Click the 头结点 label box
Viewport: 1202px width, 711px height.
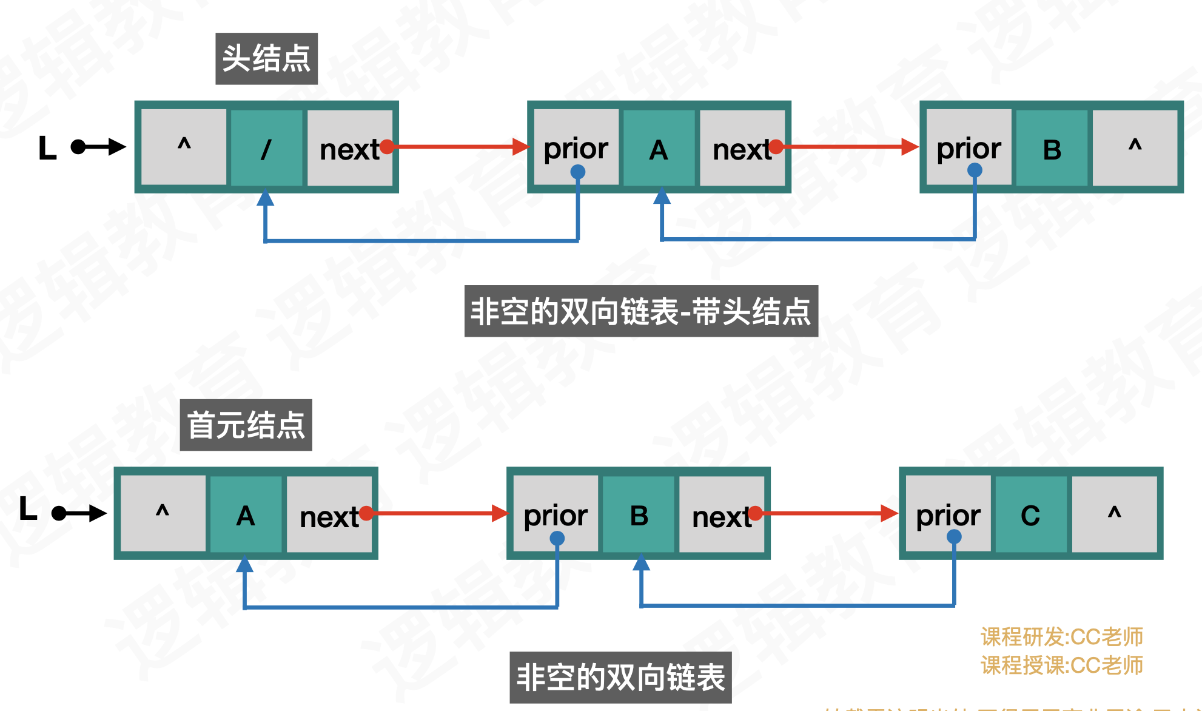point(266,59)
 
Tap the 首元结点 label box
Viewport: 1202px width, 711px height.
point(246,425)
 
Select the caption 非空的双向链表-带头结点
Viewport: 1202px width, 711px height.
point(641,311)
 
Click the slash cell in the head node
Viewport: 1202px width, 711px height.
point(266,148)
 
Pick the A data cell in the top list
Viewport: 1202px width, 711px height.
point(659,148)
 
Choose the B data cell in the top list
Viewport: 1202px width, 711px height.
point(1052,148)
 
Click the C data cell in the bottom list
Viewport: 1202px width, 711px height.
point(1030,514)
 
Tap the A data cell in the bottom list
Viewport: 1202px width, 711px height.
point(246,514)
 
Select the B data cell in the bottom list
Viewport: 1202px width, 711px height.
point(639,514)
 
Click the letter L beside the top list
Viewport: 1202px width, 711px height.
point(47,147)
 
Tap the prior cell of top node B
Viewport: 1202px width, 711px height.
point(969,148)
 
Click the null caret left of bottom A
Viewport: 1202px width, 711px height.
point(163,513)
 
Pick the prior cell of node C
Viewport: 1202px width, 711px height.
point(948,514)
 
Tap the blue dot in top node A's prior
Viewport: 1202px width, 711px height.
point(577,172)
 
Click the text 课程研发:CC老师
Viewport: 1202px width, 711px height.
point(1061,637)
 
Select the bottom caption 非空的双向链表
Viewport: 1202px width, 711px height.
point(620,677)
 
